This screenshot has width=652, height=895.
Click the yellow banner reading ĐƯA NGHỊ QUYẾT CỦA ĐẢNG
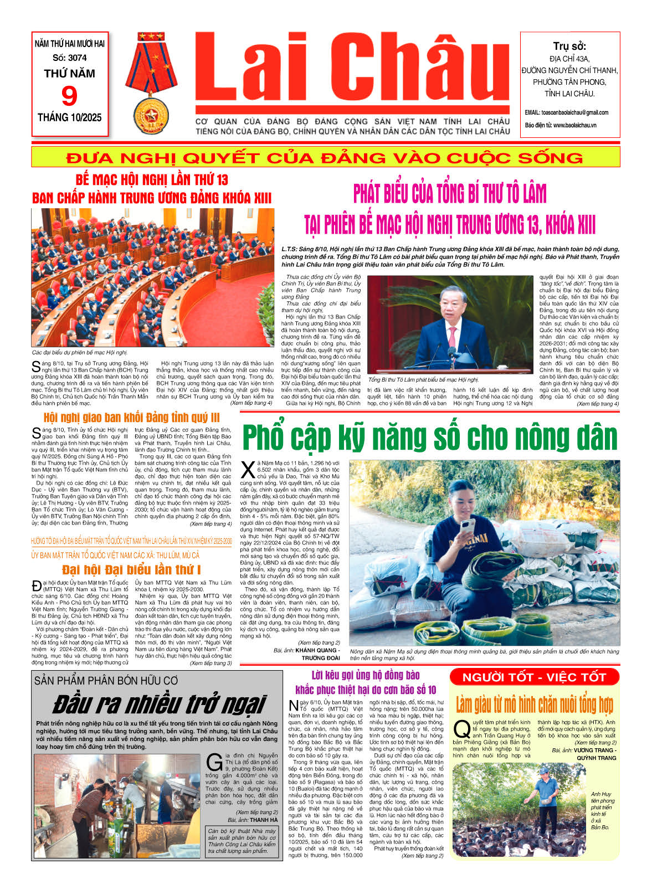[325, 157]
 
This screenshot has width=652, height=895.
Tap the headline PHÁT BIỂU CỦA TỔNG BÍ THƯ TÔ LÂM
[450, 194]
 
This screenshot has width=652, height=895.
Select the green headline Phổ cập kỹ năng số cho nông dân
[429, 438]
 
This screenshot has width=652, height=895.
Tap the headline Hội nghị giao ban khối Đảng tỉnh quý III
[132, 417]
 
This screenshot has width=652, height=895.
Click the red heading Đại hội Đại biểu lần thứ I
[131, 569]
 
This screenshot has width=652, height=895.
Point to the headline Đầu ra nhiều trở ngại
[160, 704]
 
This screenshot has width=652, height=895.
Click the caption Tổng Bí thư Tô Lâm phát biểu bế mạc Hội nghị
[423, 380]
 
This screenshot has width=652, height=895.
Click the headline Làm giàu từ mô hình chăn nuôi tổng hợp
[534, 705]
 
